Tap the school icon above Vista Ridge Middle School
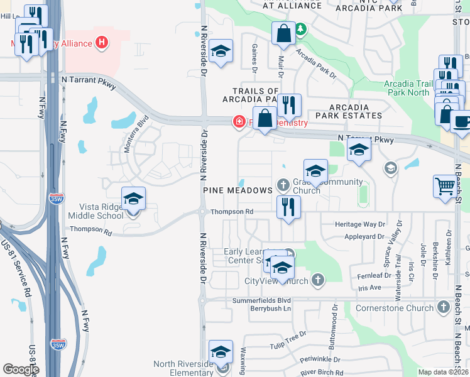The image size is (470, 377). point(133,199)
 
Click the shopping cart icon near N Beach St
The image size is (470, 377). point(445,186)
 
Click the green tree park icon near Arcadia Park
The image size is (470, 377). point(301,29)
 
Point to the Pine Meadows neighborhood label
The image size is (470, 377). point(238,189)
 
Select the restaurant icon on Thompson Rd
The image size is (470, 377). point(288,207)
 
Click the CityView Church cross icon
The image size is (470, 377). point(319,280)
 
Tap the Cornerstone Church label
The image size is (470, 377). point(394,308)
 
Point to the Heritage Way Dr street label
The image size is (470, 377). point(360,224)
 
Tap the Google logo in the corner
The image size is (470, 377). point(21,369)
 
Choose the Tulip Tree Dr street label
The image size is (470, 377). point(285,337)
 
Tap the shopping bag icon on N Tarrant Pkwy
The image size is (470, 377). point(265,118)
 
